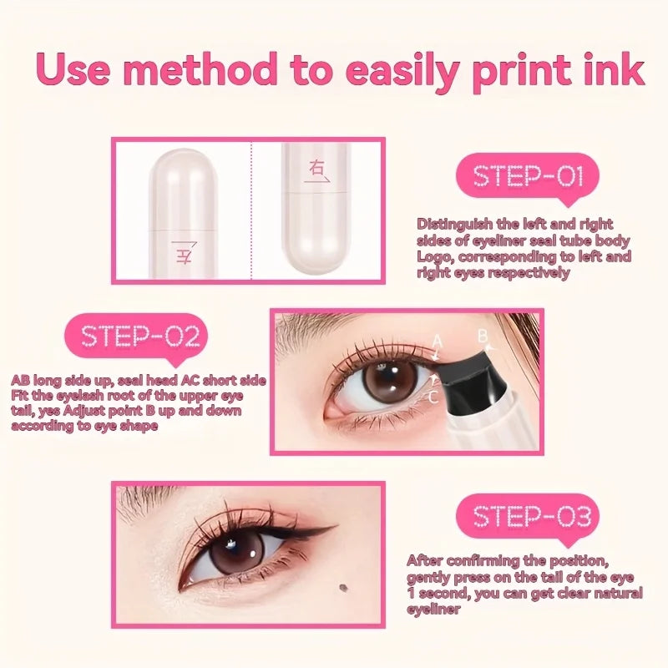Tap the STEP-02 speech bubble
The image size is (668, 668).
[x=140, y=337]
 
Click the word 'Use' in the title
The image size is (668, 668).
[x=75, y=70]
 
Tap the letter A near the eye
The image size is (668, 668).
[x=437, y=340]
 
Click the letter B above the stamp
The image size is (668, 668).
[x=483, y=337]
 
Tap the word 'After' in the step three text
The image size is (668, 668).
[x=426, y=560]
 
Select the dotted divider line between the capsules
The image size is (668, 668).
[x=252, y=209]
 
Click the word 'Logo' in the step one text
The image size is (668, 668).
[x=434, y=257]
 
